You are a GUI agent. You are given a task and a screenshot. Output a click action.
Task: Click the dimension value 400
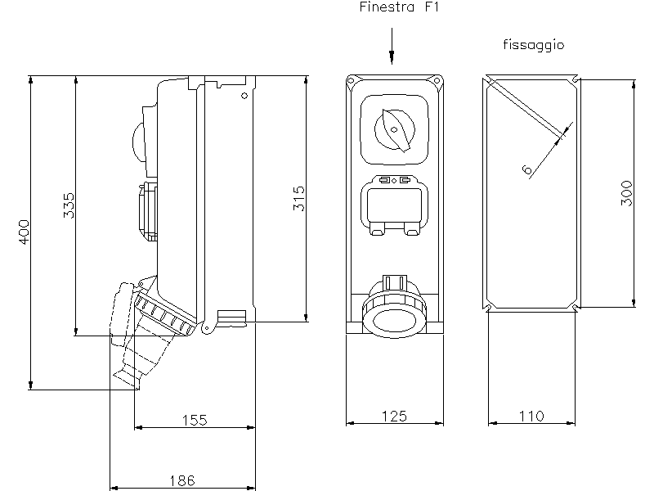25,232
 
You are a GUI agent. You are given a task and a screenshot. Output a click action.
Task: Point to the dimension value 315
299,199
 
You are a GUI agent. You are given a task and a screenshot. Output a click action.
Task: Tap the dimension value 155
194,420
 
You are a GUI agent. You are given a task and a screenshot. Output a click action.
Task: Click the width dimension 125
395,416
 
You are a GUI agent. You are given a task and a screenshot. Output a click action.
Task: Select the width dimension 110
531,416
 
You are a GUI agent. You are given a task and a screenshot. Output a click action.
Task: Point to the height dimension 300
627,193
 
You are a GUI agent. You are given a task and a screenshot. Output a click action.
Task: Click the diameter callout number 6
526,170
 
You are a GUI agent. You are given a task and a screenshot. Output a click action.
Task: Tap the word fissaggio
533,46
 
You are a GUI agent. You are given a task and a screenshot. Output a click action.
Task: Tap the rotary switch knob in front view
395,128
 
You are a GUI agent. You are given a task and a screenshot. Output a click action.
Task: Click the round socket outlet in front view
394,316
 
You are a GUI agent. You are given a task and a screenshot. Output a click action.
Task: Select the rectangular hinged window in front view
394,205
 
